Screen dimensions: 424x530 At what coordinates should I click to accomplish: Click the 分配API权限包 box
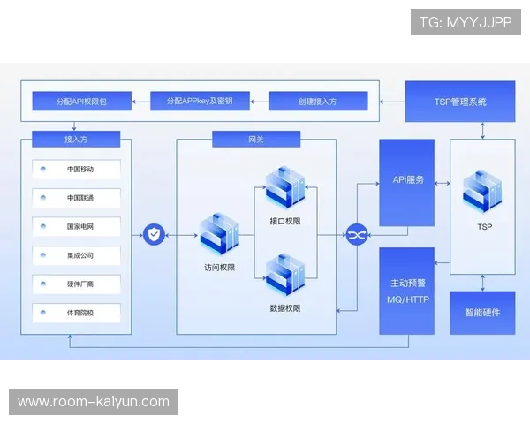coord(80,102)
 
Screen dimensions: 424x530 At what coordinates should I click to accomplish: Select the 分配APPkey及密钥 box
coord(199,102)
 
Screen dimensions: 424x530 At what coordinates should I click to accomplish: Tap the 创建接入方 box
coord(318,102)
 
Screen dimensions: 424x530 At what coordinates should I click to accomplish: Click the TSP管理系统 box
coord(459,102)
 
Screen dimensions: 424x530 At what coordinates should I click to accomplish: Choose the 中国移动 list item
coord(80,169)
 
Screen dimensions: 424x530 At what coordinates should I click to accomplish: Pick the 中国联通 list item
coord(80,197)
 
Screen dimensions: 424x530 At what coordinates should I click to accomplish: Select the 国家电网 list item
coord(80,226)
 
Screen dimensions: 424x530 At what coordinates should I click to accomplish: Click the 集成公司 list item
coord(80,254)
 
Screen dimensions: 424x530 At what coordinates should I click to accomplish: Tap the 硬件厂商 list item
coord(80,284)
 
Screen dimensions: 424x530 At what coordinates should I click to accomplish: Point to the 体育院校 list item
coord(80,312)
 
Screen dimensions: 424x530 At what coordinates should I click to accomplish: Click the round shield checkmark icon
coord(154,235)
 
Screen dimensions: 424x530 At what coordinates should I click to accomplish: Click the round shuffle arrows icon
coord(356,235)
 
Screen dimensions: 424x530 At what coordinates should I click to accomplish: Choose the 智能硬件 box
coord(482,313)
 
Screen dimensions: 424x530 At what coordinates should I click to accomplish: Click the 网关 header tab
coord(256,139)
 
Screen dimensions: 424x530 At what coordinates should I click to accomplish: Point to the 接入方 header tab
coord(75,139)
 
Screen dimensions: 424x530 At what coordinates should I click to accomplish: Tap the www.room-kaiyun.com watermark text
coord(95,402)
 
